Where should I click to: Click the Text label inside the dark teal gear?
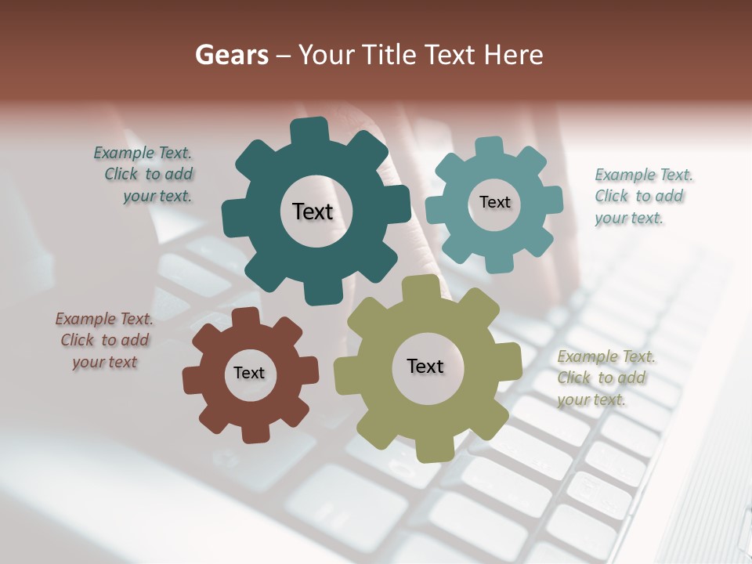coord(313,211)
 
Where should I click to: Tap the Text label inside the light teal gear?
coord(494,202)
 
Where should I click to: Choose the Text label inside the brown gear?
coord(249,373)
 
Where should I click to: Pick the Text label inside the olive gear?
coord(425,366)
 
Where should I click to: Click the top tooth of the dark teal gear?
coord(310,130)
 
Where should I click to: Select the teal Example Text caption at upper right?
coord(642,196)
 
